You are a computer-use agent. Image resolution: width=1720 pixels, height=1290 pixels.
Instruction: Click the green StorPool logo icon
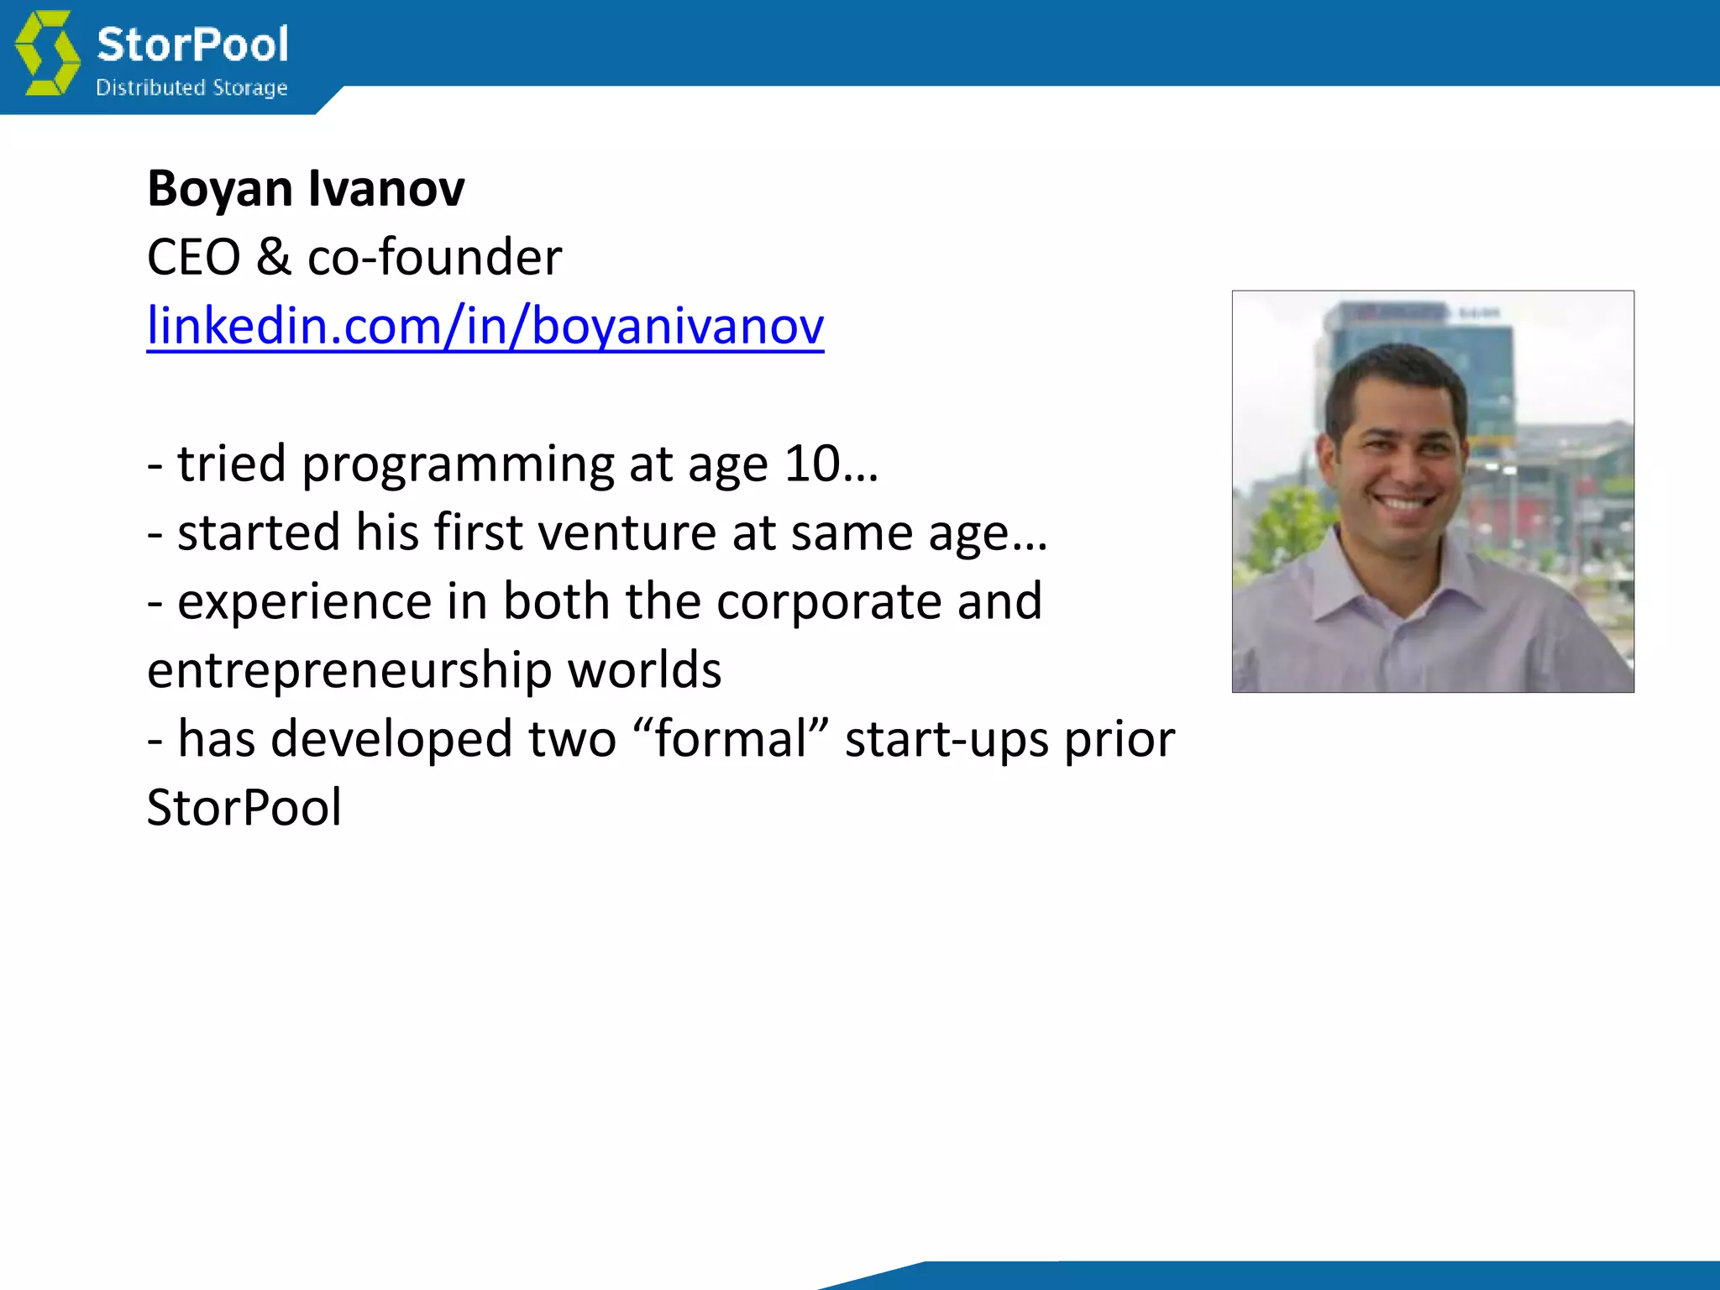(x=48, y=53)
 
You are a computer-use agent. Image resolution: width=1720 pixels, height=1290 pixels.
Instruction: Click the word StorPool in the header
(x=192, y=45)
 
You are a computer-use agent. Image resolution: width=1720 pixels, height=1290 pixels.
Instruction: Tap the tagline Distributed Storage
(x=191, y=87)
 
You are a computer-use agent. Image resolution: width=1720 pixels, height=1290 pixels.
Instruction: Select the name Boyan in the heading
(x=219, y=189)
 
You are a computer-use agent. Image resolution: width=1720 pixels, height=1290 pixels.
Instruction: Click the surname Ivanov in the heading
(x=386, y=189)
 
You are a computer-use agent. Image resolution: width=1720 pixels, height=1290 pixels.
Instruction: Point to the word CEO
(x=193, y=257)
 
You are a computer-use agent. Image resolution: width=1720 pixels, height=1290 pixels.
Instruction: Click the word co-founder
(x=434, y=257)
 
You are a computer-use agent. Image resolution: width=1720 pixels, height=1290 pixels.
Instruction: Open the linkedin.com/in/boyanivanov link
(x=485, y=326)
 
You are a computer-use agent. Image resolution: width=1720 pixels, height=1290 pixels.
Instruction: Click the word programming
(x=458, y=464)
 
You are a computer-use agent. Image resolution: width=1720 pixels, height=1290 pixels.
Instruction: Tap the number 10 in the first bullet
(x=811, y=464)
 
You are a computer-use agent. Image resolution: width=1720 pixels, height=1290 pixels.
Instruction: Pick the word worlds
(x=644, y=670)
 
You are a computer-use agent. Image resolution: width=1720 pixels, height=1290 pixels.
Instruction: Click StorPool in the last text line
(x=244, y=808)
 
